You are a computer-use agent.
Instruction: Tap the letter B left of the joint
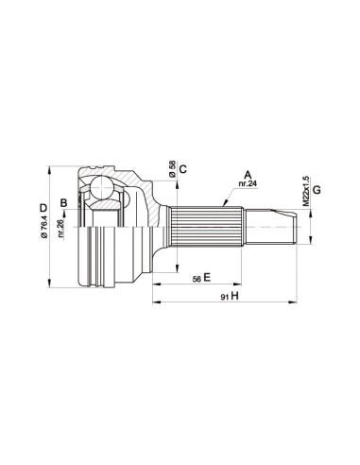pyautogui.click(x=63, y=202)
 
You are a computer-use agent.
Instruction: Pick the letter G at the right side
pyautogui.click(x=317, y=191)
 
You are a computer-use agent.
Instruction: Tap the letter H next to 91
pyautogui.click(x=234, y=297)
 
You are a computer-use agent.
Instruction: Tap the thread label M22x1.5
pyautogui.click(x=305, y=190)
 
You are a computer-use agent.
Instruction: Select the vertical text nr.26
pyautogui.click(x=61, y=231)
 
